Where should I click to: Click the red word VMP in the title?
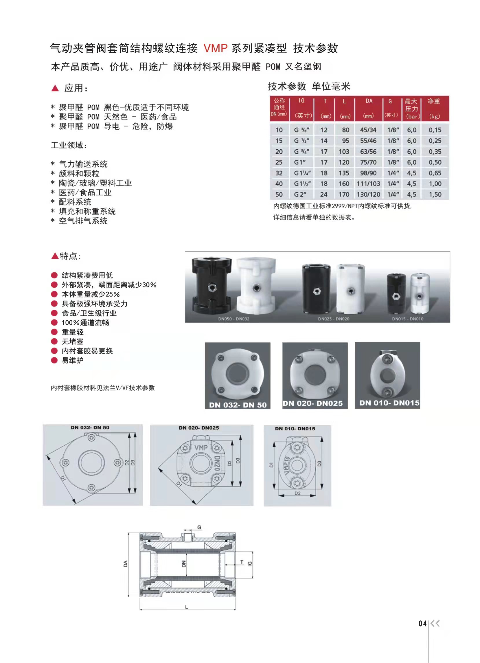point(216,48)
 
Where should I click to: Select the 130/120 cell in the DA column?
point(368,194)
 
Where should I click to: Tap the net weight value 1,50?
point(435,194)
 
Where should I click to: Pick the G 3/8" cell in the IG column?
point(302,130)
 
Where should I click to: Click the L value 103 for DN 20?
point(344,152)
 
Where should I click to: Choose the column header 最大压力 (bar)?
point(412,109)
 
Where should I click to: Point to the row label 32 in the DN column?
point(279,173)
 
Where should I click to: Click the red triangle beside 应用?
point(55,88)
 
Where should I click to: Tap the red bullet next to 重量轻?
point(54,332)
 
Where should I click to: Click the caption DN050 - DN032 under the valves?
point(233,319)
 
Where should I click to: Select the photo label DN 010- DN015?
point(389,403)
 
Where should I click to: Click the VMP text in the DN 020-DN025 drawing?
point(201,448)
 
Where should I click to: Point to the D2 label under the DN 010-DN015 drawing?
point(297,493)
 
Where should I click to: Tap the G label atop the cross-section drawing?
point(199,528)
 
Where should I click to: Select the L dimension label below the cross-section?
point(187,607)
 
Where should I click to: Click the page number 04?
point(422,624)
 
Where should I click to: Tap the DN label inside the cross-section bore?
point(184,564)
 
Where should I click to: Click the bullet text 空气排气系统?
point(83,221)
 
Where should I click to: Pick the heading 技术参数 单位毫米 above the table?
point(309,87)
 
